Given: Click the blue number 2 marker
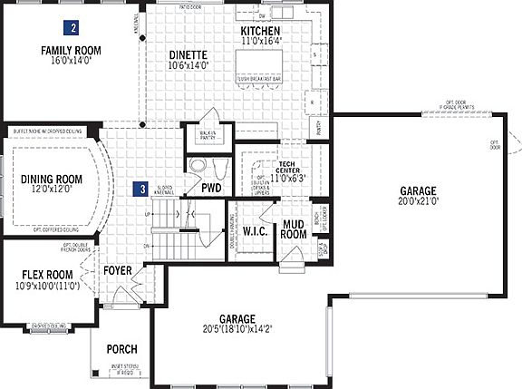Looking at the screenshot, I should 72,28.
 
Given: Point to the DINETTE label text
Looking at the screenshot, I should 188,53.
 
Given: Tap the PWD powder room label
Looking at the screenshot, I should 212,188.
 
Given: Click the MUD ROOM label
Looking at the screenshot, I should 293,229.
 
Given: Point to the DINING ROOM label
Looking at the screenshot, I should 51,180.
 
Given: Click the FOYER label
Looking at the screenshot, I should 118,270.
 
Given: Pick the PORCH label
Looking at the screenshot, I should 121,349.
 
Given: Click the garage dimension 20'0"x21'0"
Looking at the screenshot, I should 418,203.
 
